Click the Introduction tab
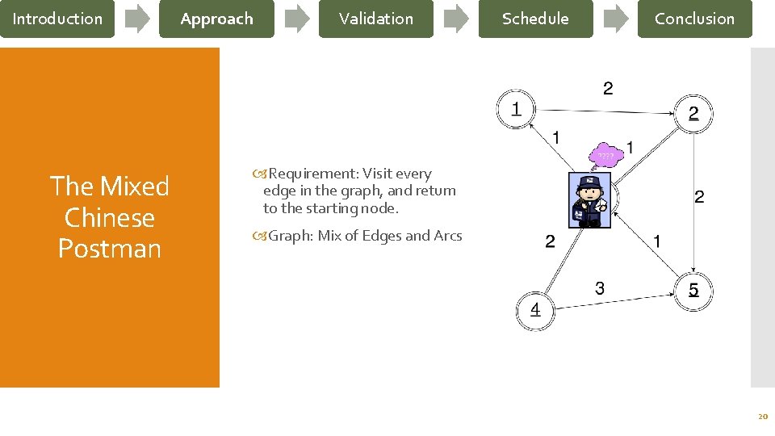pyautogui.click(x=57, y=19)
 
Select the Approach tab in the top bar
pyautogui.click(x=216, y=19)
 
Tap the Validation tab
pyautogui.click(x=375, y=19)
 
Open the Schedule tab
pyautogui.click(x=535, y=19)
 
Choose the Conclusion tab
pyautogui.click(x=694, y=19)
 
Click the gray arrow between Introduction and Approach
pyautogui.click(x=137, y=19)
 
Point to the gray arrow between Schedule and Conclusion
pyautogui.click(x=616, y=19)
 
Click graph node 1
pyautogui.click(x=515, y=107)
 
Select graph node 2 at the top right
pyautogui.click(x=693, y=114)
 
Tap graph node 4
pyautogui.click(x=535, y=309)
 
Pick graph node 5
pyautogui.click(x=693, y=289)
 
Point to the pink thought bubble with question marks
pyautogui.click(x=605, y=155)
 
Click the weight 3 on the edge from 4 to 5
pyautogui.click(x=599, y=287)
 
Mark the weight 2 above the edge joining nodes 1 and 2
pyautogui.click(x=608, y=88)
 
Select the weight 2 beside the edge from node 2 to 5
pyautogui.click(x=699, y=196)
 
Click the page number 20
pyautogui.click(x=761, y=417)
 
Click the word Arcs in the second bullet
pyautogui.click(x=447, y=236)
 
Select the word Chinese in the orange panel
pyautogui.click(x=109, y=218)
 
